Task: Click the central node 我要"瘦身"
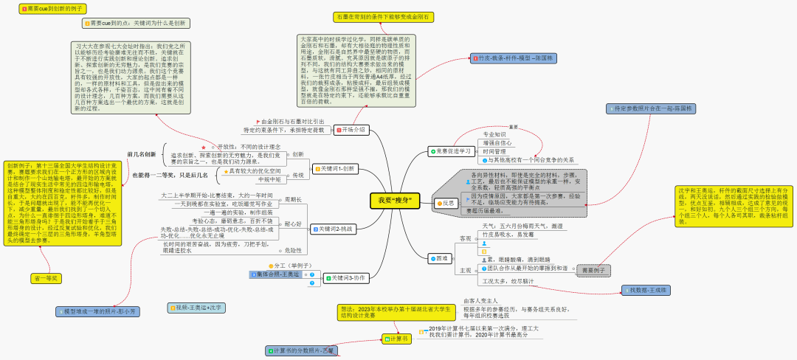click(395, 201)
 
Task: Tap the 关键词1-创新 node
click(335, 169)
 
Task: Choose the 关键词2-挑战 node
click(335, 229)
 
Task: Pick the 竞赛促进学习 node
click(451, 151)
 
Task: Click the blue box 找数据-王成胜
click(649, 291)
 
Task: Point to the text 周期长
click(293, 200)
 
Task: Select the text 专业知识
click(494, 134)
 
